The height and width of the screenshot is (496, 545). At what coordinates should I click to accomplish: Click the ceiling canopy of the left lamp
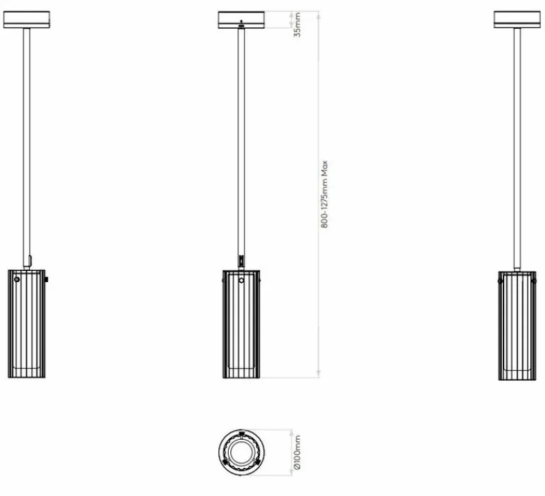pos(27,19)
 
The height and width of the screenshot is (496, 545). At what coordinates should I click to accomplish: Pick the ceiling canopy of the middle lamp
pos(241,19)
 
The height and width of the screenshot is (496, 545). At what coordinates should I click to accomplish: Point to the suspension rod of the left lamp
pos(27,141)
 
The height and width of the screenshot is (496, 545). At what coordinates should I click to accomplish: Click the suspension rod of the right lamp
pos(518,141)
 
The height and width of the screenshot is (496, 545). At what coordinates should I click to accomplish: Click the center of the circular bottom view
pos(242,452)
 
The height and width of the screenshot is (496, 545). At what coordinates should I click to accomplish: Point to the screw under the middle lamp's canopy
pos(242,27)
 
